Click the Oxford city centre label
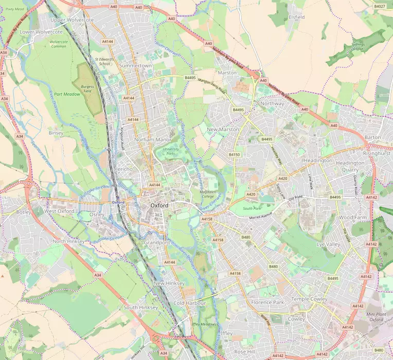point(159,205)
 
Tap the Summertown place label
point(135,66)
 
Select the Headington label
point(317,160)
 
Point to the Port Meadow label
point(65,94)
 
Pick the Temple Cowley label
point(309,299)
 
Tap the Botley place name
point(24,211)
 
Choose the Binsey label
point(56,133)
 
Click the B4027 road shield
point(380,6)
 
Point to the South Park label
point(252,208)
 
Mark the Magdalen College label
point(207,194)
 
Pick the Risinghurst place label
point(377,153)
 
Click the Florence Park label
point(267,302)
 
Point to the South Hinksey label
point(137,307)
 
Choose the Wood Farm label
point(352,218)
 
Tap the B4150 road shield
point(235,154)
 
